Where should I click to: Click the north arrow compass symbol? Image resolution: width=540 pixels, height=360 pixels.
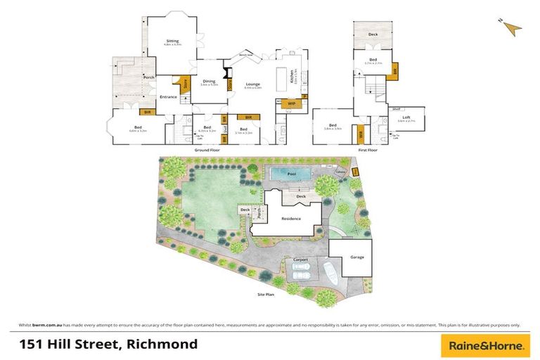click(x=513, y=27)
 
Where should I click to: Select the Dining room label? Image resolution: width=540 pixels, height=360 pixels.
click(x=209, y=82)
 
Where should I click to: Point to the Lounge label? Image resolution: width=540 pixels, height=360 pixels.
click(x=252, y=84)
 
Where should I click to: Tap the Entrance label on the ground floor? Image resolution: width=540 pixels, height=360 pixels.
click(x=168, y=97)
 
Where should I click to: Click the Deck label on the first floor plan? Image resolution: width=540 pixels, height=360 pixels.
click(x=372, y=33)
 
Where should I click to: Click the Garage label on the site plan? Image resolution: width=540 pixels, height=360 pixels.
click(x=357, y=257)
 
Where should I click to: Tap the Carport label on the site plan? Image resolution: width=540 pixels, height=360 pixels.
click(x=302, y=260)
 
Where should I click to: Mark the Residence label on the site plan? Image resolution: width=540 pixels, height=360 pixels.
click(x=291, y=219)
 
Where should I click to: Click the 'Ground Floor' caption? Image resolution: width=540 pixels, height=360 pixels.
click(x=207, y=150)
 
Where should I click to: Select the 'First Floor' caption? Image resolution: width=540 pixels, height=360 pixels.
click(x=367, y=150)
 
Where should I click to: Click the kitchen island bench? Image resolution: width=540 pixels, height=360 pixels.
click(x=287, y=75)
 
